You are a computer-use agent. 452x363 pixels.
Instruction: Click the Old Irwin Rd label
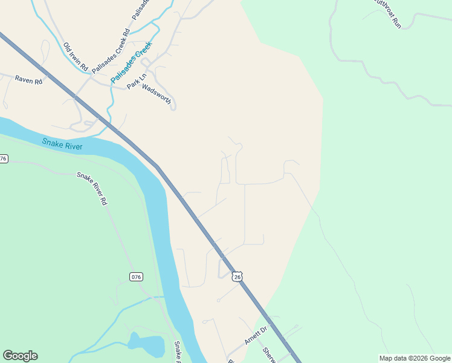76,56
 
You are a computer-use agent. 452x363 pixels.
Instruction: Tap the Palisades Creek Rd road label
111,51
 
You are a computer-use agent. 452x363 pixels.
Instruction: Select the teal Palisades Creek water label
130,63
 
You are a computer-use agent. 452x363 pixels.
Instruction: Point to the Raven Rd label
28,80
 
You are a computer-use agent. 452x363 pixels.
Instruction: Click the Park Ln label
137,82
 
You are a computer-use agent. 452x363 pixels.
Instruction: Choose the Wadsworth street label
158,93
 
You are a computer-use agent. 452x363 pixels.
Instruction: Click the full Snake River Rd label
92,188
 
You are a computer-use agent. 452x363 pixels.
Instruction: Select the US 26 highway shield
237,276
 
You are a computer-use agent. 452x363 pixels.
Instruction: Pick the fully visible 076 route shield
136,276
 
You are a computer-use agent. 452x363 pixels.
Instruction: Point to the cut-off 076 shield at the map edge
4,159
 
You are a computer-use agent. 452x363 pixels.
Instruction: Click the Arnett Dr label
256,336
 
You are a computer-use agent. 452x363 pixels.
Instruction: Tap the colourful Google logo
20,356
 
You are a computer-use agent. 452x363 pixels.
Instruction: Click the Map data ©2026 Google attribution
415,358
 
